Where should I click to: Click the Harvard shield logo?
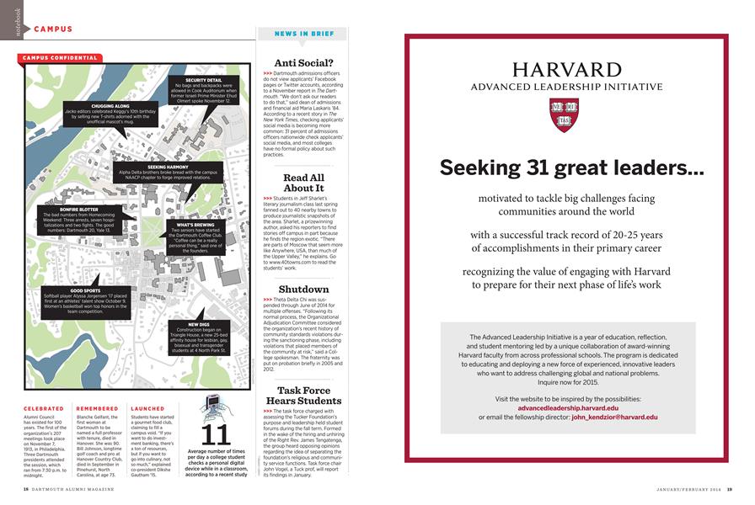pos(564,114)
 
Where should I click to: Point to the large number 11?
pos(216,435)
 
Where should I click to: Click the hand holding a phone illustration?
pos(215,407)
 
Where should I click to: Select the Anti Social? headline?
pos(303,63)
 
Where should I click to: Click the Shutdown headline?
pos(303,289)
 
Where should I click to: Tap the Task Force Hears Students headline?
pos(303,396)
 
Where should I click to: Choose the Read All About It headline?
pos(303,183)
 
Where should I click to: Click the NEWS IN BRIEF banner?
pos(303,34)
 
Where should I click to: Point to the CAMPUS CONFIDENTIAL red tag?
pos(59,58)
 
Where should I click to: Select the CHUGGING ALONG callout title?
pos(110,107)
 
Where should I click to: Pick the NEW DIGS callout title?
pos(199,324)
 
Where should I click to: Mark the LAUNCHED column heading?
pos(147,408)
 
